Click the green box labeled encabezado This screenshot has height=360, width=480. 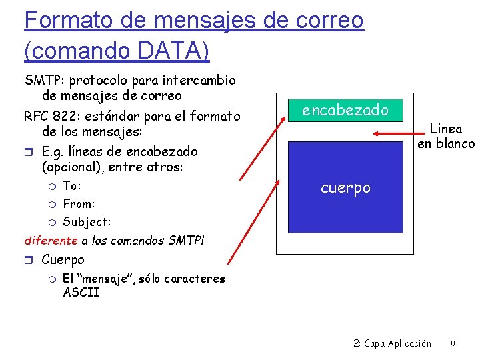pyautogui.click(x=345, y=110)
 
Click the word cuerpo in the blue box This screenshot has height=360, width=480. pyautogui.click(x=345, y=187)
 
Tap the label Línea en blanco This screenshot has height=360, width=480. pyautogui.click(x=445, y=136)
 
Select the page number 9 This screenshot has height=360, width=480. pyautogui.click(x=453, y=344)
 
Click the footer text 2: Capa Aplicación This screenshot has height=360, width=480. pyautogui.click(x=392, y=344)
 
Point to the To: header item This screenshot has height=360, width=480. pyautogui.click(x=72, y=185)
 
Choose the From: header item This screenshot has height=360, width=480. pyautogui.click(x=79, y=203)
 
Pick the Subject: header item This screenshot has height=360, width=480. pyautogui.click(x=87, y=221)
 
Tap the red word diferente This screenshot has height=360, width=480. pyautogui.click(x=51, y=240)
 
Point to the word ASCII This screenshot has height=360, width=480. pyautogui.click(x=81, y=292)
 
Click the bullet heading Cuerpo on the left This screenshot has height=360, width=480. pyautogui.click(x=63, y=259)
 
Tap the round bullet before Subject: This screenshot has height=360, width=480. pyautogui.click(x=53, y=221)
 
